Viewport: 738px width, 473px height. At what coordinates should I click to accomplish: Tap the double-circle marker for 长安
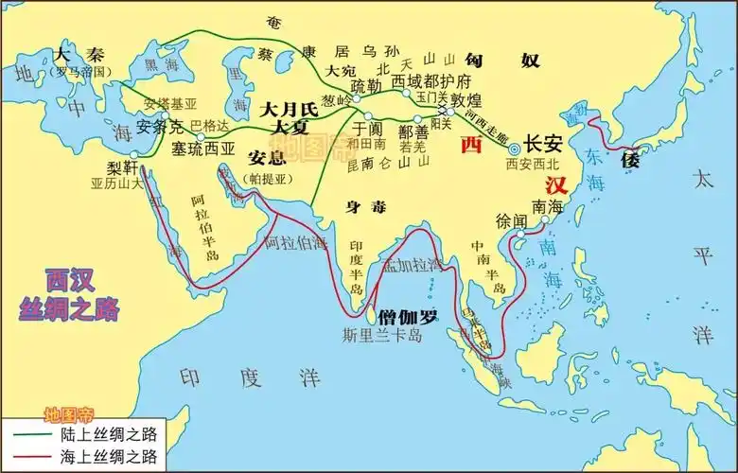[x=514, y=149]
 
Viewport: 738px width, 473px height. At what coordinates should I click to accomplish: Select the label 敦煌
[x=467, y=99]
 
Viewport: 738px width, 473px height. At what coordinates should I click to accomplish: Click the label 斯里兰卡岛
[x=382, y=335]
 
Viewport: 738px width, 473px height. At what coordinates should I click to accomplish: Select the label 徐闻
[x=511, y=219]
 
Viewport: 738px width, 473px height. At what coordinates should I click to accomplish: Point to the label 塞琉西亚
[x=203, y=149]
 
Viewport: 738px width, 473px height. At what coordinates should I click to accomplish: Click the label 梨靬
[x=124, y=167]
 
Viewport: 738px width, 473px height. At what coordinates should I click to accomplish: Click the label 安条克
[x=159, y=126]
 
